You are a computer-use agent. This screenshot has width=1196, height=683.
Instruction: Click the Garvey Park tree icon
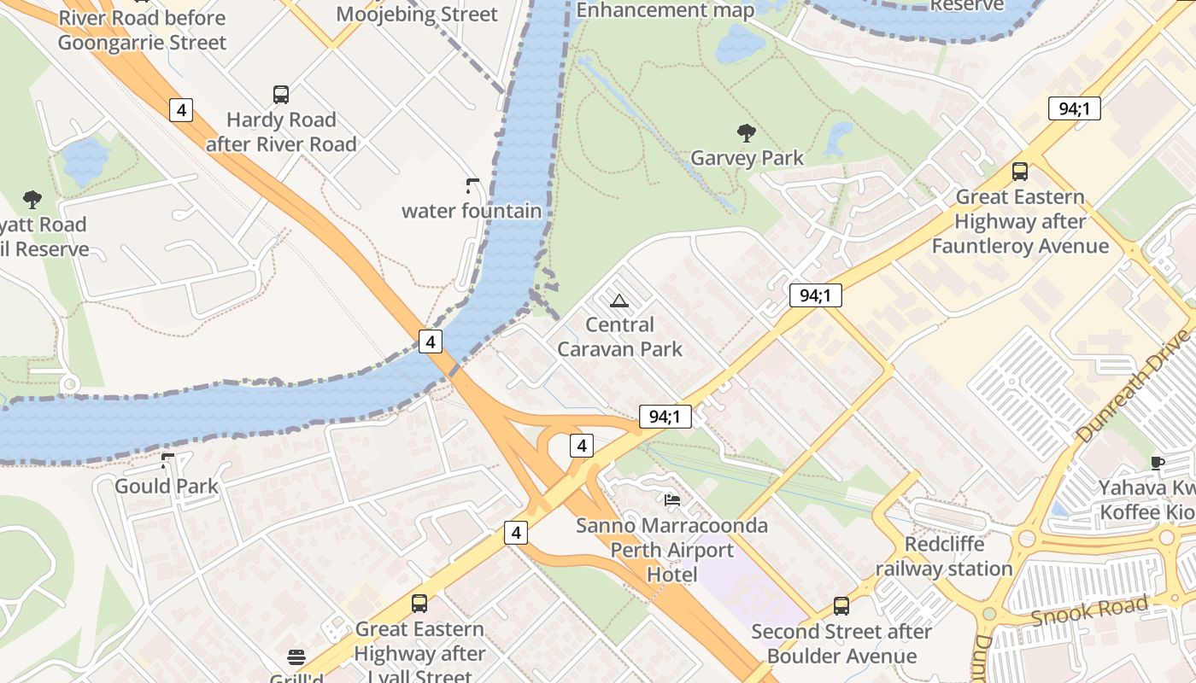click(746, 132)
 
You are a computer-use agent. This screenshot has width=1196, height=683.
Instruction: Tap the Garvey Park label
click(747, 158)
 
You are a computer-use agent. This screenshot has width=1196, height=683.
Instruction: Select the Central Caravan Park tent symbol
click(619, 300)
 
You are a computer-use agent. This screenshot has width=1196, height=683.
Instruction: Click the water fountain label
click(472, 211)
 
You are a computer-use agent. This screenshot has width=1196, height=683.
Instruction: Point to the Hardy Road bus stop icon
click(280, 95)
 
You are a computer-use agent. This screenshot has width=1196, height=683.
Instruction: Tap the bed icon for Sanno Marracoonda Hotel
click(672, 499)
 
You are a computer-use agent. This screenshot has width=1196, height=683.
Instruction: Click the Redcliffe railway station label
click(944, 557)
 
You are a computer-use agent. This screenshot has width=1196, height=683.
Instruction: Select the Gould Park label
click(167, 487)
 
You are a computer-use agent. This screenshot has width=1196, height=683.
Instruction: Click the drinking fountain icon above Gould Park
click(167, 461)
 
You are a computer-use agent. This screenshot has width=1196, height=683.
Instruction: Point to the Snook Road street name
click(1089, 611)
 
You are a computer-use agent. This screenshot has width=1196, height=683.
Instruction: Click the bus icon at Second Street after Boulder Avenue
click(841, 606)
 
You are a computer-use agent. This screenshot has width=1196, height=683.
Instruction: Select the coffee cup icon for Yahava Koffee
click(1158, 463)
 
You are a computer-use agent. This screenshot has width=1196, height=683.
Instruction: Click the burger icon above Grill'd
click(296, 657)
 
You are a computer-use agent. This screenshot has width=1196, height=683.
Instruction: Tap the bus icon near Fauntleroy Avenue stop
click(1019, 172)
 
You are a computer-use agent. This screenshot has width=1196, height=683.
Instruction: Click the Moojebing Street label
click(416, 14)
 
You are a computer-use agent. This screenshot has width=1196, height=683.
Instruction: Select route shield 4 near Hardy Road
click(180, 109)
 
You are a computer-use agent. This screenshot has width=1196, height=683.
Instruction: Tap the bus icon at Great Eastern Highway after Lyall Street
click(419, 604)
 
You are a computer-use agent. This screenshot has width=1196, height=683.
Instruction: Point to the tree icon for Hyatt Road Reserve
click(32, 200)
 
